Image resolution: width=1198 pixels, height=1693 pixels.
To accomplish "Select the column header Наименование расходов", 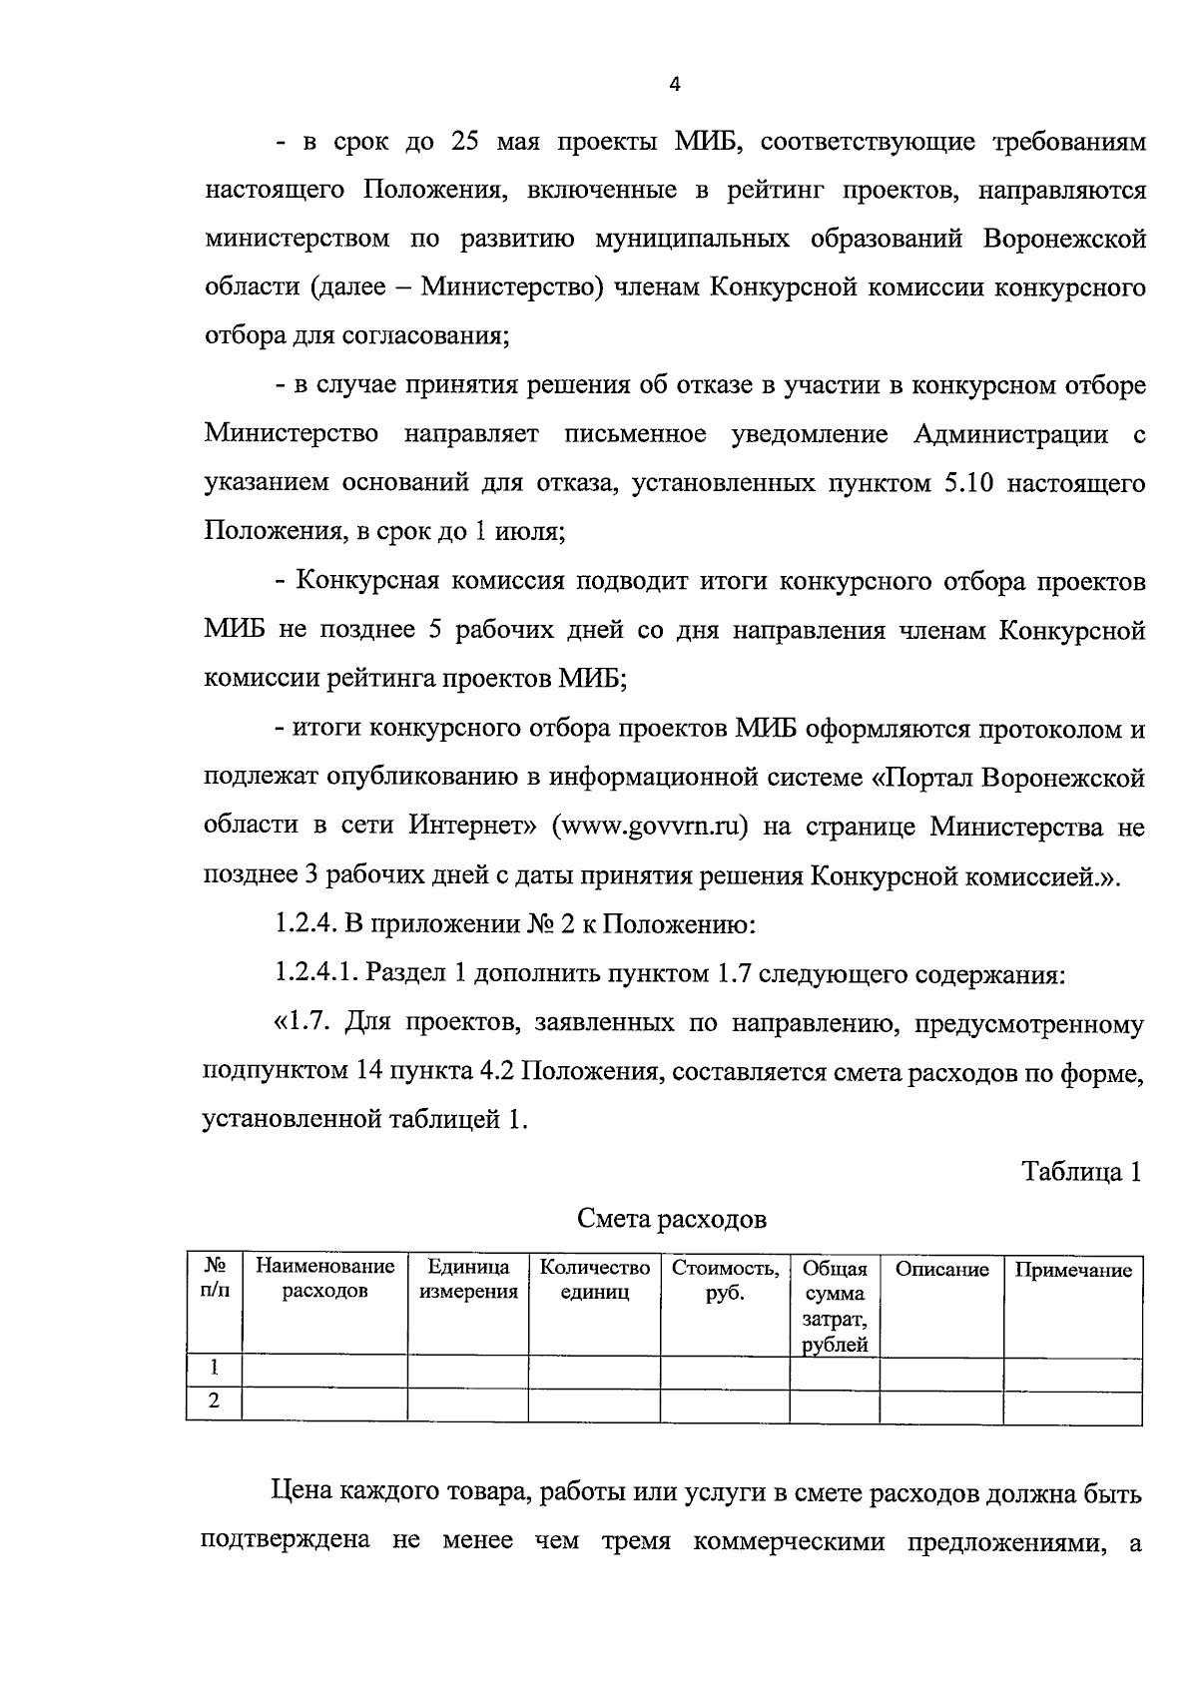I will tap(324, 1280).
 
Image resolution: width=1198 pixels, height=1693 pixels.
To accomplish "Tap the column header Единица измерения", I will tap(468, 1280).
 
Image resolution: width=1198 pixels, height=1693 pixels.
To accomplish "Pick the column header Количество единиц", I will tap(594, 1280).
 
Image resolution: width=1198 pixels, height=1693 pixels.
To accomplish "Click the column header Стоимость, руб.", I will tap(725, 1280).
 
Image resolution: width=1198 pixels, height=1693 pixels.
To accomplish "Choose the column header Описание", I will tap(941, 1270).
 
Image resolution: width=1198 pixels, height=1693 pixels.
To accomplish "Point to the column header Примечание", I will tap(1073, 1270).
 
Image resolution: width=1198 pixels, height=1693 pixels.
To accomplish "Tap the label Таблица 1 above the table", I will tap(1080, 1171).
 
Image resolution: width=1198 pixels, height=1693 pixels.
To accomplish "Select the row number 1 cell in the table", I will tap(214, 1367).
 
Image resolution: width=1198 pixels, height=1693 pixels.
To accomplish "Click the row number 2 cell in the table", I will tap(214, 1402).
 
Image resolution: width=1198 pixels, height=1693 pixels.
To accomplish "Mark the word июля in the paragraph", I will tap(530, 533).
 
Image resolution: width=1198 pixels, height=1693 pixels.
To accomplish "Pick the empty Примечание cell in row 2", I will tap(1073, 1407).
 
